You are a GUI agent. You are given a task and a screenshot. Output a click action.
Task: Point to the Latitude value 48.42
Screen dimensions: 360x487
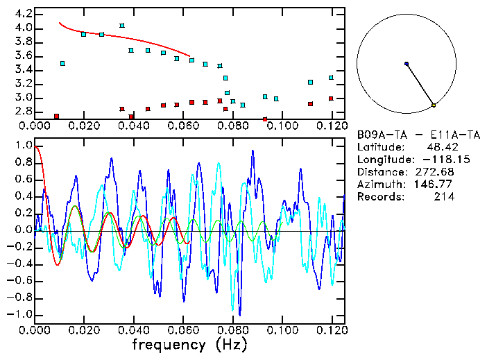pyautogui.click(x=441, y=147)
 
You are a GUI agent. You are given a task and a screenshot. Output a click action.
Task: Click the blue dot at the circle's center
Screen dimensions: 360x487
pyautogui.click(x=407, y=64)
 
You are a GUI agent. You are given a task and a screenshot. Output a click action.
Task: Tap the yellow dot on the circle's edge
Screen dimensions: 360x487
pyautogui.click(x=434, y=105)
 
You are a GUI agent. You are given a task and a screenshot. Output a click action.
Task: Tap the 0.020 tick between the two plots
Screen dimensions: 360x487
pyautogui.click(x=85, y=126)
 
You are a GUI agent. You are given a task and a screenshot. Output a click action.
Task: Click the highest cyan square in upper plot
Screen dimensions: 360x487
pyautogui.click(x=122, y=26)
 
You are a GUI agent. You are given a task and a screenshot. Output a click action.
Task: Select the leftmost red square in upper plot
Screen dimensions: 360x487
pyautogui.click(x=56, y=116)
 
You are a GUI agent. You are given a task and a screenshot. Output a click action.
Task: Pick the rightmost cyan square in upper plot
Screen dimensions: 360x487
pyautogui.click(x=331, y=78)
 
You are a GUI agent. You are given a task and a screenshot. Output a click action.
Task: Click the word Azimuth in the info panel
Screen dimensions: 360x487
pyautogui.click(x=379, y=185)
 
